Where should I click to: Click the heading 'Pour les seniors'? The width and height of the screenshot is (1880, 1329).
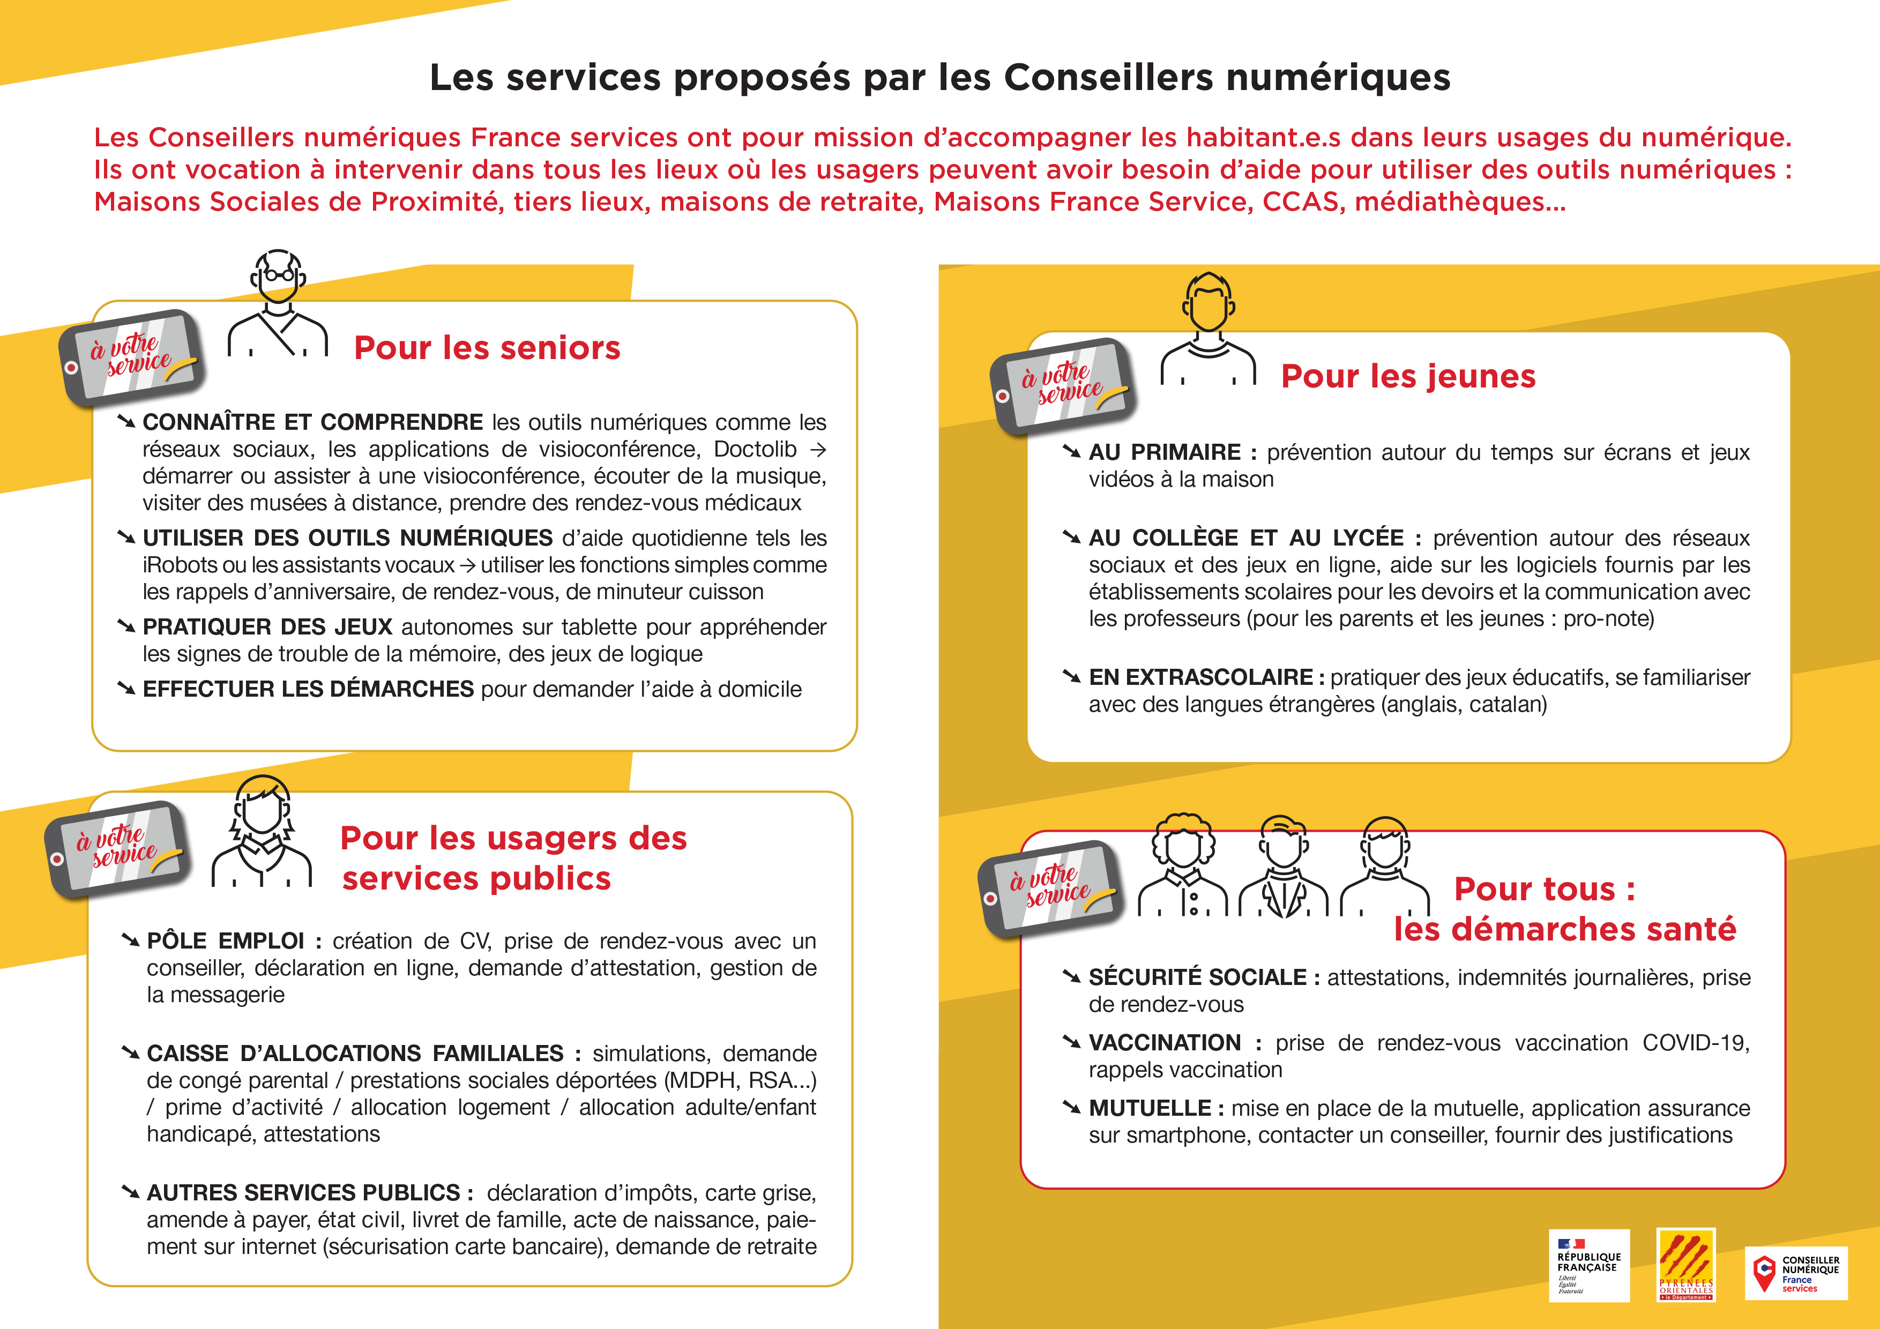[487, 348]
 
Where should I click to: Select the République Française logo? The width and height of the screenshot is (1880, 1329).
[1588, 1266]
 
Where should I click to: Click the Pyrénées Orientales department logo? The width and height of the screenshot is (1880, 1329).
[1686, 1265]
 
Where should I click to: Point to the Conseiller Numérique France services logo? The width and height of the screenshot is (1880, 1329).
[1796, 1273]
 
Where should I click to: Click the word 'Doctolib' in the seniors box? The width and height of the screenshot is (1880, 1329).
[755, 450]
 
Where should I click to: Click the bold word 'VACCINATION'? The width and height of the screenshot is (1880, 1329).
[1165, 1043]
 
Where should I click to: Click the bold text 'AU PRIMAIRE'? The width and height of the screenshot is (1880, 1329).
[1165, 453]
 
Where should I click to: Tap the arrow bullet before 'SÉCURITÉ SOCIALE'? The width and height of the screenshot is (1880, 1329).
[1071, 976]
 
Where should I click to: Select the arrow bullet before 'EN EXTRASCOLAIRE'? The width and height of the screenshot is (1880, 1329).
[1071, 676]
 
